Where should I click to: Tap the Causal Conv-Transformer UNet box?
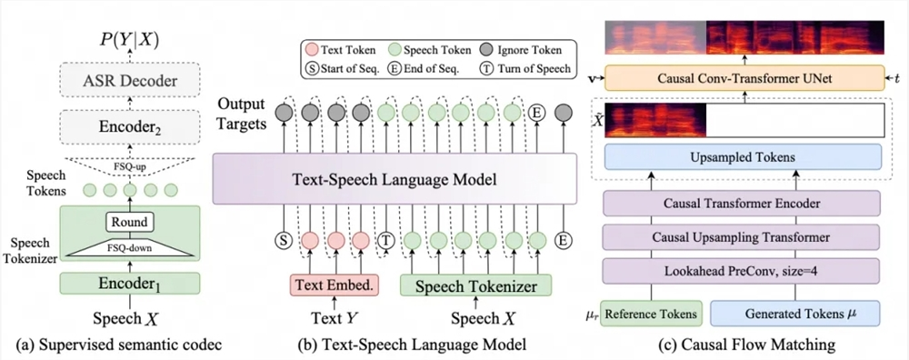[744, 80]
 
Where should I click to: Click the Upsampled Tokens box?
[744, 156]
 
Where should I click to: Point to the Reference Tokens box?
[653, 314]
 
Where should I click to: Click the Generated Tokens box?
[790, 314]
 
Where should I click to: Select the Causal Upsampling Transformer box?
[744, 238]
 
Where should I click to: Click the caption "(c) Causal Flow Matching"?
[745, 345]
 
